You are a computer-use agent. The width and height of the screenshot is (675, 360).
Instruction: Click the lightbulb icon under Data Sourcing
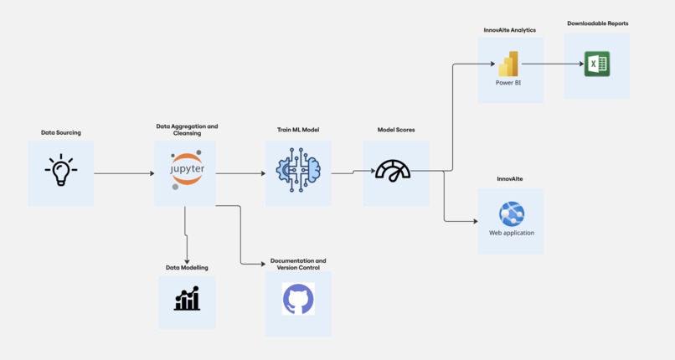tap(60, 171)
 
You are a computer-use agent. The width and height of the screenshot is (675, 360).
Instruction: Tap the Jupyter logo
tap(186, 170)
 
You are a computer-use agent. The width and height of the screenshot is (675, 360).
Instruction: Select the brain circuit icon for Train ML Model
tap(298, 171)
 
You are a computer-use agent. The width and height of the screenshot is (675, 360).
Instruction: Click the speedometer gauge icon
tap(393, 171)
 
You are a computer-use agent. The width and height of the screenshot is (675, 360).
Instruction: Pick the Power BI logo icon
tap(508, 64)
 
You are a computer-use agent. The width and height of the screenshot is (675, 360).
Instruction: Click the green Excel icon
tap(597, 64)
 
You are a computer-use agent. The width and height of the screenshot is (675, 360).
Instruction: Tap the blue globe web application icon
tap(511, 214)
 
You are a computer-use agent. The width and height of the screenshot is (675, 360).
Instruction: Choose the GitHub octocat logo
tap(298, 299)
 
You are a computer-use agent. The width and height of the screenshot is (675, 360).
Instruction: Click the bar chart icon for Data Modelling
tap(187, 298)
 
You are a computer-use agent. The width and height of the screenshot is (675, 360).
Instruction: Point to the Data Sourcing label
tap(61, 132)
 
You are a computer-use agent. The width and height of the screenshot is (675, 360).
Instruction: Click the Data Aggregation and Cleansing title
tap(187, 130)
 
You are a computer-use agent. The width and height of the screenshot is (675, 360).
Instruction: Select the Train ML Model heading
tap(298, 130)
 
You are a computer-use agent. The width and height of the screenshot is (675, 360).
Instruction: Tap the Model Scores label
tap(396, 130)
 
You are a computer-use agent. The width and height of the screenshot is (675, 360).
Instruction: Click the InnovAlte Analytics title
tap(509, 30)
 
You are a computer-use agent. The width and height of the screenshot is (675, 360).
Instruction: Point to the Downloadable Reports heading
tap(597, 23)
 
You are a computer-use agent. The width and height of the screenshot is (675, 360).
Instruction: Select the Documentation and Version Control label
tap(298, 264)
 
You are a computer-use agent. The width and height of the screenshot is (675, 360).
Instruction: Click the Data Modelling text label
tap(187, 267)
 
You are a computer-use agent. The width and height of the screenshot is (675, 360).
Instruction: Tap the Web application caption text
tap(511, 233)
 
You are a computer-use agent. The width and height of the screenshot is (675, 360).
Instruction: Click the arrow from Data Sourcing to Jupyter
tap(124, 173)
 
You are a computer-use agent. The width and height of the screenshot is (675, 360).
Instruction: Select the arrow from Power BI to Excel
tap(554, 64)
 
